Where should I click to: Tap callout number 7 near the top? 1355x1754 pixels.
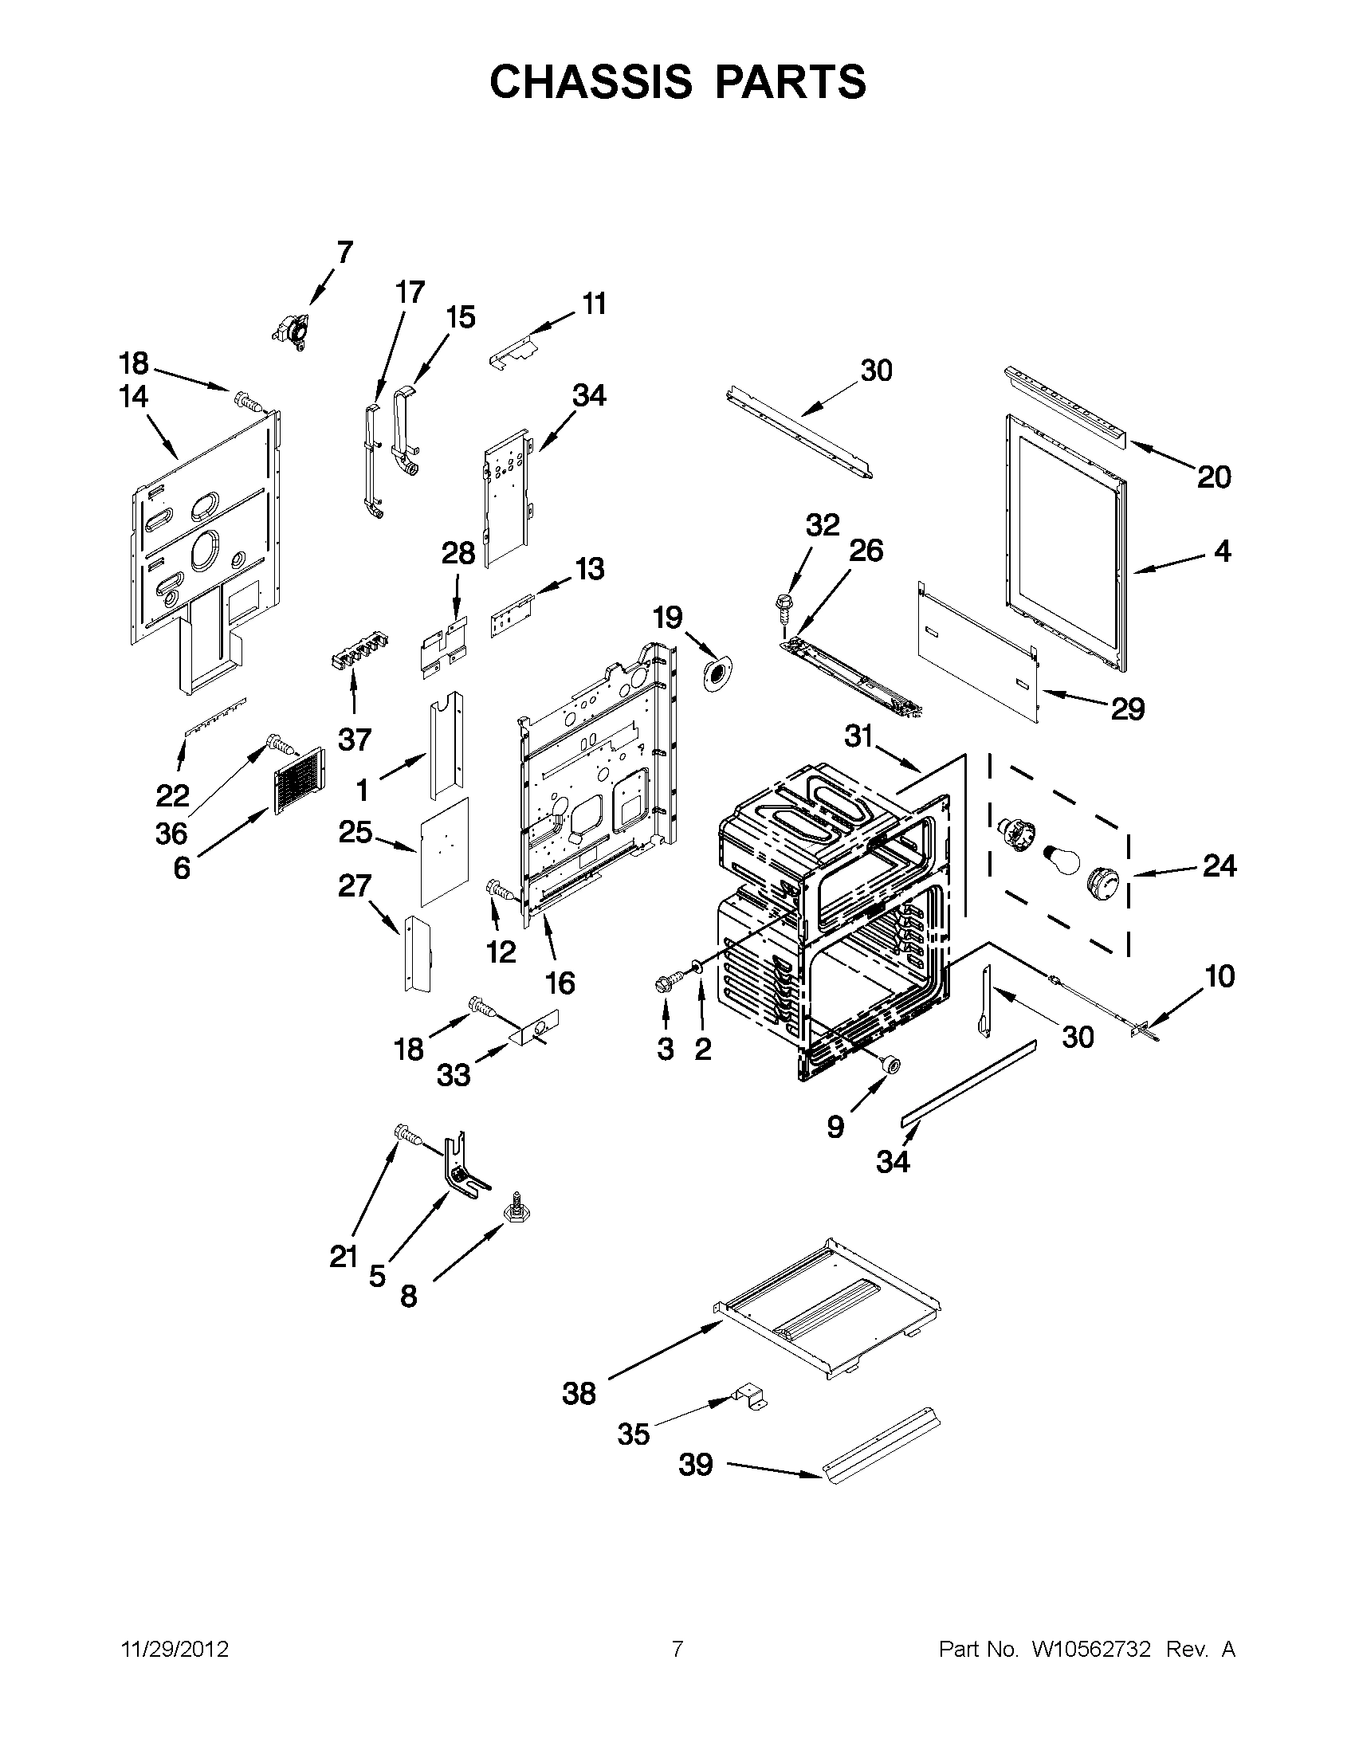(x=344, y=252)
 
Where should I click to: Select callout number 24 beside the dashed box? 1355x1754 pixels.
(x=1219, y=866)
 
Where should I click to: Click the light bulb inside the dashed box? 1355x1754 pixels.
(x=1058, y=860)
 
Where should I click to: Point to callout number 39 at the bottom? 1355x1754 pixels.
(x=696, y=1464)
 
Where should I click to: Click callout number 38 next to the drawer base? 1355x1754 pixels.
(x=579, y=1394)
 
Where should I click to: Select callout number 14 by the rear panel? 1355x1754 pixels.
(x=134, y=397)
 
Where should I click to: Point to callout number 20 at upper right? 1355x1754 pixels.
(x=1214, y=477)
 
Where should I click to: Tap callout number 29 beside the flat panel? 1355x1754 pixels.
(x=1126, y=708)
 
